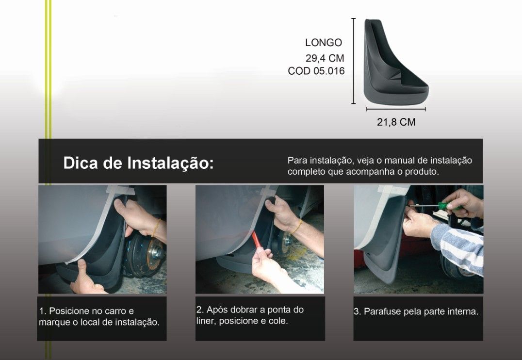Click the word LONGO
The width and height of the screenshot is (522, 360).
(x=324, y=43)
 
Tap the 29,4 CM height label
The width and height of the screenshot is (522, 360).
(x=325, y=58)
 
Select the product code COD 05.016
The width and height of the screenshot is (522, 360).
(x=316, y=71)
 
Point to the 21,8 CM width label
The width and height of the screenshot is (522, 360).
(x=396, y=122)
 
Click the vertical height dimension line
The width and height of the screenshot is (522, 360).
(x=354, y=61)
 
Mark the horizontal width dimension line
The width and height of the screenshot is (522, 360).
(x=396, y=109)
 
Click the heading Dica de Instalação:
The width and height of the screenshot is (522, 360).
(x=138, y=163)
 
